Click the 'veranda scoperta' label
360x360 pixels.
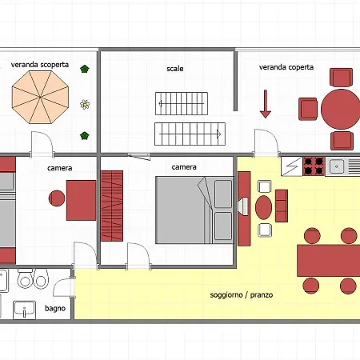click(40, 65)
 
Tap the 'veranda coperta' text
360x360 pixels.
click(286, 67)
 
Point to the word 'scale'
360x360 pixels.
click(175, 69)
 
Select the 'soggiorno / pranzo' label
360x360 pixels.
click(242, 295)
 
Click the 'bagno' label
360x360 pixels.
click(55, 309)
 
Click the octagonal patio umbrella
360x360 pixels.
click(40, 97)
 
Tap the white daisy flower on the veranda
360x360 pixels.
click(85, 104)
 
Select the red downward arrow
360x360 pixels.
click(266, 104)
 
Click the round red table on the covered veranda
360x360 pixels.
click(340, 109)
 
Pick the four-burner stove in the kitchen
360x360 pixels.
click(314, 166)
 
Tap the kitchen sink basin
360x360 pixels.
click(337, 166)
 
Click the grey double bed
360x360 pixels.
click(195, 210)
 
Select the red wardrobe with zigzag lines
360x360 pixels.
click(112, 206)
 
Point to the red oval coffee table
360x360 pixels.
click(263, 207)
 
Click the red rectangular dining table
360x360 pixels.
click(329, 261)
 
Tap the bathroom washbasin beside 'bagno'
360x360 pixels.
click(24, 310)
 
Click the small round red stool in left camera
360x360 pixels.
click(57, 198)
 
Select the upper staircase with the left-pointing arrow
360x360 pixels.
click(182, 103)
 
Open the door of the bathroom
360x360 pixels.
click(64, 287)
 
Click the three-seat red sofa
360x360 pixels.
click(282, 206)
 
